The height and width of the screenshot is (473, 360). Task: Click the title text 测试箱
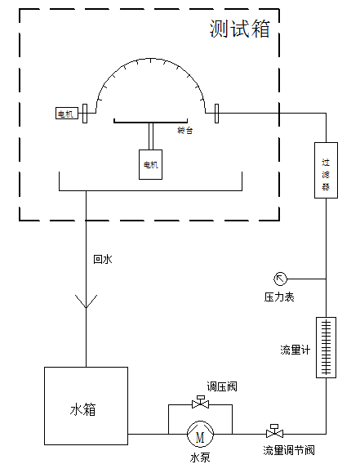[x=238, y=30]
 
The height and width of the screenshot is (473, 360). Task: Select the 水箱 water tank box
[x=85, y=406]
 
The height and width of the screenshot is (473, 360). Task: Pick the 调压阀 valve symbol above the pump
[x=199, y=403]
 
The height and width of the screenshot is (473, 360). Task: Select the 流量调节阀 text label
[x=288, y=450]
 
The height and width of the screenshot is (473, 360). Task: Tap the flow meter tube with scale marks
[x=326, y=348]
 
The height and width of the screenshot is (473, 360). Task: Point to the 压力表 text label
[x=278, y=297]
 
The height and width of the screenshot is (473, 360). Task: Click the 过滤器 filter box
[x=325, y=170]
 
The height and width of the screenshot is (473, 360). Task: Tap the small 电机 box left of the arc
[x=65, y=114]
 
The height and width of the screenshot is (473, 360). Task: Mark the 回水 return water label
[x=102, y=259]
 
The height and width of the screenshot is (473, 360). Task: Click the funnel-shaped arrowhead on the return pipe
[x=85, y=301]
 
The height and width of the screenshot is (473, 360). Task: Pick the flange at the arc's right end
[x=216, y=114]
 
